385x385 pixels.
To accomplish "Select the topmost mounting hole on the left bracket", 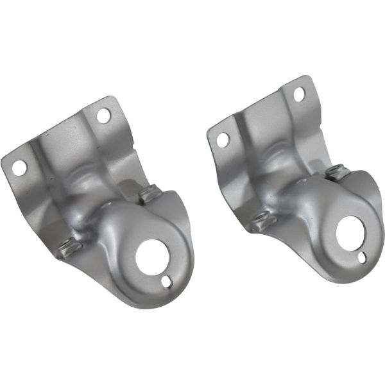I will point(103,116).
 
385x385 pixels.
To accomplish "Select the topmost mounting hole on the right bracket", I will point(299,94).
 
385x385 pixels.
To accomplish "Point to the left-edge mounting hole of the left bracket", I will point(19,167).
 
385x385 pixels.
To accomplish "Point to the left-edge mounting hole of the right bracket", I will point(223,139).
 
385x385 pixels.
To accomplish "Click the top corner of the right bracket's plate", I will point(307,78).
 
